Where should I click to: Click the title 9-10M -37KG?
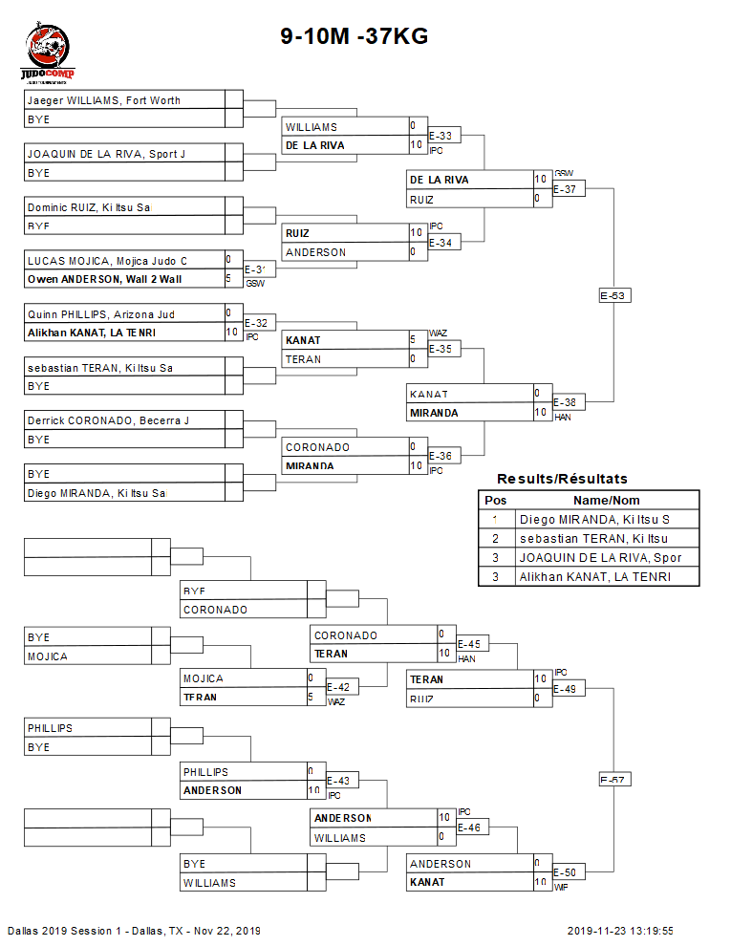(x=354, y=36)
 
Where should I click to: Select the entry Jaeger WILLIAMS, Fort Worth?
(x=104, y=100)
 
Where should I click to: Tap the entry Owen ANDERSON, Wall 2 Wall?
(x=104, y=279)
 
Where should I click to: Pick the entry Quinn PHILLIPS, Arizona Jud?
(x=101, y=314)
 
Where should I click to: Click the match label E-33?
(x=441, y=136)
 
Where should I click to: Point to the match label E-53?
(x=613, y=295)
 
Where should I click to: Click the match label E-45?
(x=469, y=643)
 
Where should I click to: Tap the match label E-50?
(x=565, y=871)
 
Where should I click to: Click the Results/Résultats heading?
(x=562, y=479)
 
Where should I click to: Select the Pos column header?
(x=495, y=500)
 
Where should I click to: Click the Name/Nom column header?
(x=606, y=500)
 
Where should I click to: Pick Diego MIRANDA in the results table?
(x=593, y=519)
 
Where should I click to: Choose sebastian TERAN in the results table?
(x=593, y=538)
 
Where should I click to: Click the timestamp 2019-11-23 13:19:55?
(x=620, y=931)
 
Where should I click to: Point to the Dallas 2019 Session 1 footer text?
(x=134, y=931)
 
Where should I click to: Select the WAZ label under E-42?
(x=335, y=702)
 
